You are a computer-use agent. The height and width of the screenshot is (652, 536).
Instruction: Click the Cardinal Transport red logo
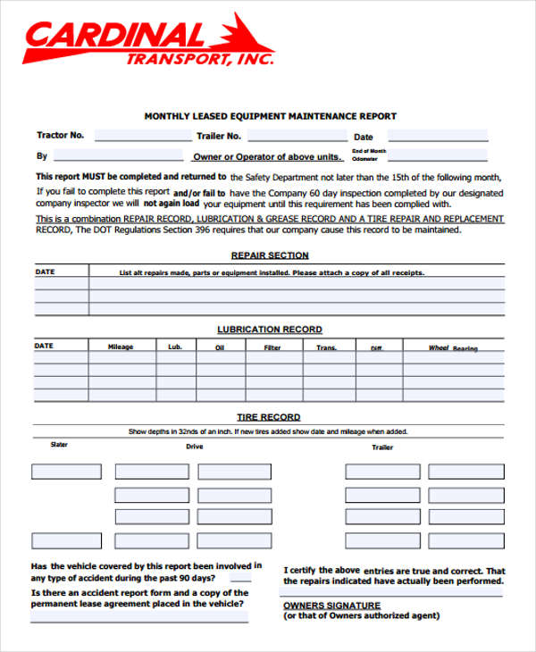pos(147,40)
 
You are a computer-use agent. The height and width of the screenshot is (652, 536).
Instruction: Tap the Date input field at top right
pos(437,137)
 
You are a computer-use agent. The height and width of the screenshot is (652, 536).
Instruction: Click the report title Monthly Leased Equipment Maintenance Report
pos(270,116)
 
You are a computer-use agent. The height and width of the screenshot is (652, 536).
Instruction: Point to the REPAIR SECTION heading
pos(270,255)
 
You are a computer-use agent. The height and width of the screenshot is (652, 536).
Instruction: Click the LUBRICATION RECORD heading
pos(270,330)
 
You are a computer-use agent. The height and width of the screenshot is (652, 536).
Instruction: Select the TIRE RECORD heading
pos(268,417)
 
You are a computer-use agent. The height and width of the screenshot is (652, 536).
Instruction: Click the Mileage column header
pos(121,347)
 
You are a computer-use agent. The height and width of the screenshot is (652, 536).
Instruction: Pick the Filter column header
pos(272,347)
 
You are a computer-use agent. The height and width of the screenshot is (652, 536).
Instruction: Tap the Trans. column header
pos(326,347)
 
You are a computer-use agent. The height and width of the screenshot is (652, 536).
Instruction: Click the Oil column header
pos(220,347)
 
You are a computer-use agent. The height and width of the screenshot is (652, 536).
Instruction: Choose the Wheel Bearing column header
pos(452,348)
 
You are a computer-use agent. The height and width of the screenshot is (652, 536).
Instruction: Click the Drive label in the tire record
pos(194,447)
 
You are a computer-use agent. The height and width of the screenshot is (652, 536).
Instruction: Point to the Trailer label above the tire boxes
pos(382,447)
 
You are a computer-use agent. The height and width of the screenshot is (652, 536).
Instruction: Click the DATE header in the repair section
pos(45,272)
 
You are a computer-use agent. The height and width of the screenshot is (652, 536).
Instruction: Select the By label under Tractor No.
pos(41,155)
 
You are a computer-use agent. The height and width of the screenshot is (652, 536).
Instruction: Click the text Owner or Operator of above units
pos(265,157)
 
